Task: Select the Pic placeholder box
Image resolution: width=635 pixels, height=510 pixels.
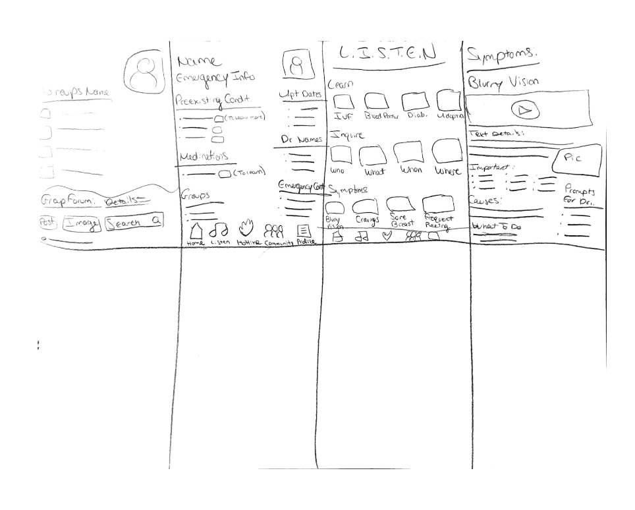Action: pyautogui.click(x=577, y=159)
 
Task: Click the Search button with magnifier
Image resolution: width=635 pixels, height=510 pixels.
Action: pyautogui.click(x=134, y=223)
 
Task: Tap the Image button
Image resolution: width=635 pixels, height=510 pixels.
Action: pyautogui.click(x=82, y=224)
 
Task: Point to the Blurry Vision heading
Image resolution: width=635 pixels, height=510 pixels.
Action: pyautogui.click(x=503, y=83)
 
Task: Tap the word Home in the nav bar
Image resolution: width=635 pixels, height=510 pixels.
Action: pyautogui.click(x=196, y=243)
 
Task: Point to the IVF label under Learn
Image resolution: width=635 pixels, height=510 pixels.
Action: pyautogui.click(x=341, y=117)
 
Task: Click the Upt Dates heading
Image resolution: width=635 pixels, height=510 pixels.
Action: pyautogui.click(x=300, y=95)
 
